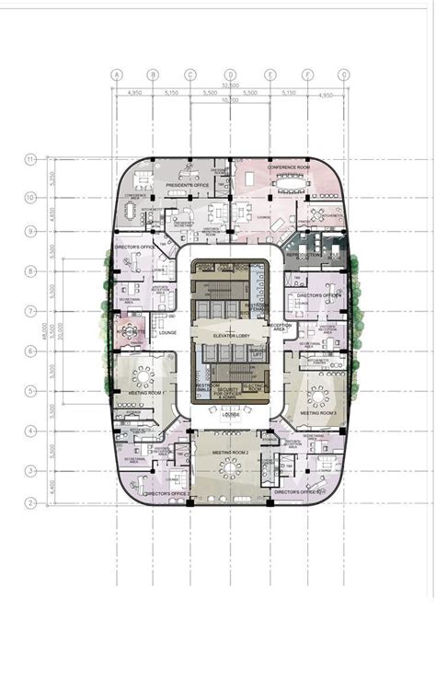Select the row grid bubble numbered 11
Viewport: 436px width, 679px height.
pyautogui.click(x=30, y=159)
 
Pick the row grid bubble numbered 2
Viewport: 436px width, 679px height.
pyautogui.click(x=30, y=502)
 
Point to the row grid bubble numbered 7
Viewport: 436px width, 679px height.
pyautogui.click(x=30, y=311)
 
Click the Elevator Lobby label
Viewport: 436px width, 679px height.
pyautogui.click(x=230, y=337)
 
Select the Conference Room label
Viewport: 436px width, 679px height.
pyautogui.click(x=289, y=167)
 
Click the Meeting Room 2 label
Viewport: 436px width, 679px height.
pyautogui.click(x=230, y=454)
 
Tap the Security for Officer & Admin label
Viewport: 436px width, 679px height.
pyautogui.click(x=230, y=393)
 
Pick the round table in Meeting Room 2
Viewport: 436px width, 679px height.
pyautogui.click(x=230, y=468)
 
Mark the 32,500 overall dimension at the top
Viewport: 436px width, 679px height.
pyautogui.click(x=230, y=85)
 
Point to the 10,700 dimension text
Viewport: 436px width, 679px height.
pyautogui.click(x=230, y=100)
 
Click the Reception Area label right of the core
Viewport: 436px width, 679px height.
pyautogui.click(x=280, y=327)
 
